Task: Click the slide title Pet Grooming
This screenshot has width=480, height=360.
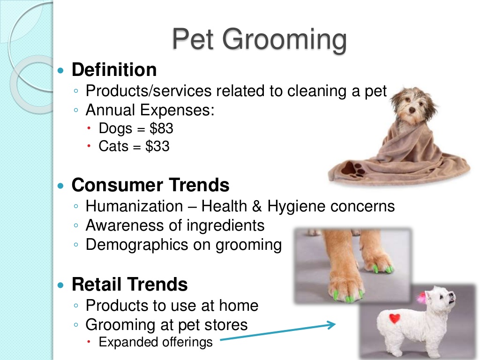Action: pyautogui.click(x=259, y=40)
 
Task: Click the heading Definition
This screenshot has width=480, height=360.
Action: pyautogui.click(x=114, y=69)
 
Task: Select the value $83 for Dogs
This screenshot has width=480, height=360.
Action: pyautogui.click(x=161, y=128)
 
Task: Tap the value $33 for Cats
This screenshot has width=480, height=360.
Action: pyautogui.click(x=157, y=146)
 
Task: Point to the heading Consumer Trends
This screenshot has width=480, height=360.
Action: pyautogui.click(x=150, y=185)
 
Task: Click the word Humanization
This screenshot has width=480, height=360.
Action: pyautogui.click(x=135, y=206)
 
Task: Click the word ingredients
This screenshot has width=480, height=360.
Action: pyautogui.click(x=225, y=225)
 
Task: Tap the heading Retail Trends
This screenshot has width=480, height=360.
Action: pyautogui.click(x=129, y=285)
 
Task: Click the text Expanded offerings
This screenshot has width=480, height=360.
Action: pyautogui.click(x=156, y=342)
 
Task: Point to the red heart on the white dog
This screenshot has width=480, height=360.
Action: pyautogui.click(x=395, y=318)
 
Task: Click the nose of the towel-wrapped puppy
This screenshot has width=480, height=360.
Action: pyautogui.click(x=412, y=111)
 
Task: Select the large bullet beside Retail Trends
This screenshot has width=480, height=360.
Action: pyautogui.click(x=61, y=285)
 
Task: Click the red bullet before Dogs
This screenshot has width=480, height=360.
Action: pyautogui.click(x=89, y=128)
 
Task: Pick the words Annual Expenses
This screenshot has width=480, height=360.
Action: pyautogui.click(x=150, y=110)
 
